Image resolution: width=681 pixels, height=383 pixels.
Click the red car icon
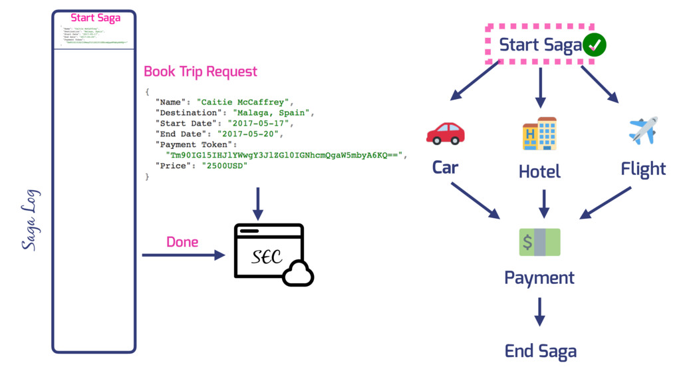click(x=445, y=133)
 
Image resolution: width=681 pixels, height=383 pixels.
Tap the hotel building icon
click(x=539, y=134)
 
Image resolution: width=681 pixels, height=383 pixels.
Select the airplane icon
click(x=642, y=130)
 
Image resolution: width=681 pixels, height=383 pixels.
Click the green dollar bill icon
click(x=539, y=242)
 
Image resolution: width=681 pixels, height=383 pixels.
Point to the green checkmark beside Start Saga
click(x=594, y=45)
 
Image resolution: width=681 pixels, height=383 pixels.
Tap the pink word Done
click(x=182, y=242)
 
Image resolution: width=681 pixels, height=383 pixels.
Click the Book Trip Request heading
click(x=200, y=71)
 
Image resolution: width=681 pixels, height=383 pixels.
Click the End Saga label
click(x=540, y=350)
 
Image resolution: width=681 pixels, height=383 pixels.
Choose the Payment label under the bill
click(x=539, y=277)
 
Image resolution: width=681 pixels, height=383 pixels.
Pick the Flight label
click(x=643, y=169)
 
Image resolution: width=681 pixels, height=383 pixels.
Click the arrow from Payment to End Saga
click(x=540, y=311)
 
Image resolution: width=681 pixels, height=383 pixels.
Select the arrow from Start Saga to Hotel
click(x=540, y=86)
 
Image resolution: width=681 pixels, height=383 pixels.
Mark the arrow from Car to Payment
click(x=476, y=200)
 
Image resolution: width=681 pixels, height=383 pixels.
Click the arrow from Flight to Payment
click(x=606, y=202)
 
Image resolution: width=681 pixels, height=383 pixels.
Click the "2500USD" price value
click(x=225, y=166)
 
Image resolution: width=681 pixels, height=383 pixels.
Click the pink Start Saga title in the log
click(x=96, y=18)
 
